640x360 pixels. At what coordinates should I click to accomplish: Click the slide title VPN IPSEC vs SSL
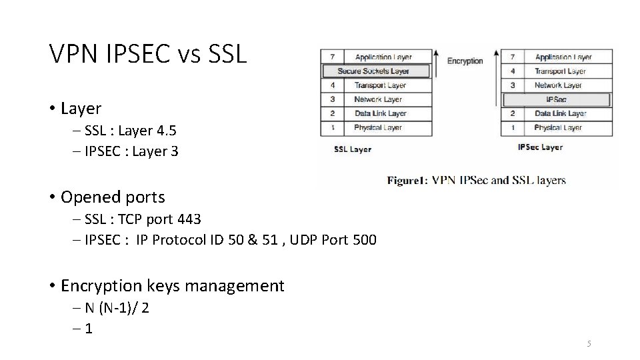pos(148,54)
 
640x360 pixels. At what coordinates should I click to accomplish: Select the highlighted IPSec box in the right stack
pos(556,99)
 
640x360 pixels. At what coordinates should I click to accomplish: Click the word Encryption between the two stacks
pos(465,61)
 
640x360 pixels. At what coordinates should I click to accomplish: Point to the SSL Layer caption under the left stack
pos(353,149)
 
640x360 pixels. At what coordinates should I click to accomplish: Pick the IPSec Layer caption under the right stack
pos(540,147)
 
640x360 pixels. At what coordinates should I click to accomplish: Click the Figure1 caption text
pos(477,180)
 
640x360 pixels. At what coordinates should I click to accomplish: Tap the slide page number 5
pos(589,343)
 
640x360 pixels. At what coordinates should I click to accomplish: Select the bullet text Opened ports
pos(112,197)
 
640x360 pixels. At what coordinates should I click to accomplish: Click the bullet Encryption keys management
pos(172,286)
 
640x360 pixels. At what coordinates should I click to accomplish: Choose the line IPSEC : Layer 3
pos(132,151)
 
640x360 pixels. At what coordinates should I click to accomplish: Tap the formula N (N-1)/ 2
pos(117,307)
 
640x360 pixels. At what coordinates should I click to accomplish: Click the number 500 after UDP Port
pos(363,240)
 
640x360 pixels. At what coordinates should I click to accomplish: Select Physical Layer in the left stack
pos(378,127)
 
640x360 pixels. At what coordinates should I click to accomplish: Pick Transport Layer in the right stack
pos(559,71)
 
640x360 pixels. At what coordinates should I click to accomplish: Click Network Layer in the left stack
pos(378,99)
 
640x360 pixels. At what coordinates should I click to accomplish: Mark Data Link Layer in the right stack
pos(560,114)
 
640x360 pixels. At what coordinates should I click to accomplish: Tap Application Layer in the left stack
pos(383,57)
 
